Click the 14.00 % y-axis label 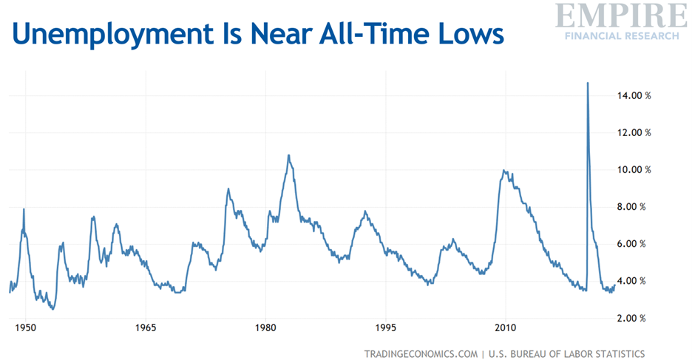pos(633,95)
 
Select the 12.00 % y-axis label pos(633,133)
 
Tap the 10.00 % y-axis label pos(633,170)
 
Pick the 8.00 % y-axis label pos(634,207)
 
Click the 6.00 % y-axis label pos(634,244)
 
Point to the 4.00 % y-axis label pos(634,281)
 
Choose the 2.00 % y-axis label pos(634,318)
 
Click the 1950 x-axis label pos(25,327)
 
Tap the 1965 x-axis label pos(145,327)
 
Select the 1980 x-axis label pos(265,327)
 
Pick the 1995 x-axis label pos(385,327)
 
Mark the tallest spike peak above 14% pos(588,84)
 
